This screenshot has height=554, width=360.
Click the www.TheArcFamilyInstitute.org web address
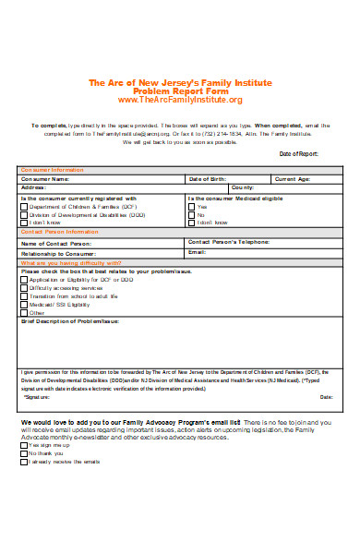tap(180, 100)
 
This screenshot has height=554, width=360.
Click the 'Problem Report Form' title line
tap(180, 91)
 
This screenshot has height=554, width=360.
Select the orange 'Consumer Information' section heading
tap(52, 170)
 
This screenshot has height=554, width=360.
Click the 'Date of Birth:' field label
tap(209, 178)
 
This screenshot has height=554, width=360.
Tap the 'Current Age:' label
tap(294, 178)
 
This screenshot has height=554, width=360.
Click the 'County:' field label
tap(231, 187)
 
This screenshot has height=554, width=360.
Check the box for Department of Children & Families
tap(24, 207)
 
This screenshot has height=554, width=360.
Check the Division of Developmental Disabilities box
tap(24, 214)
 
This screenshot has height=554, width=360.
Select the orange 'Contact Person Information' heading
tap(59, 232)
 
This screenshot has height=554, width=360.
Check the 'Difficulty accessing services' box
tap(24, 288)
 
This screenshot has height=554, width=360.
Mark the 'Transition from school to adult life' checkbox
tap(24, 295)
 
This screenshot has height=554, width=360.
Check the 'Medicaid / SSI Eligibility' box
tap(24, 304)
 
